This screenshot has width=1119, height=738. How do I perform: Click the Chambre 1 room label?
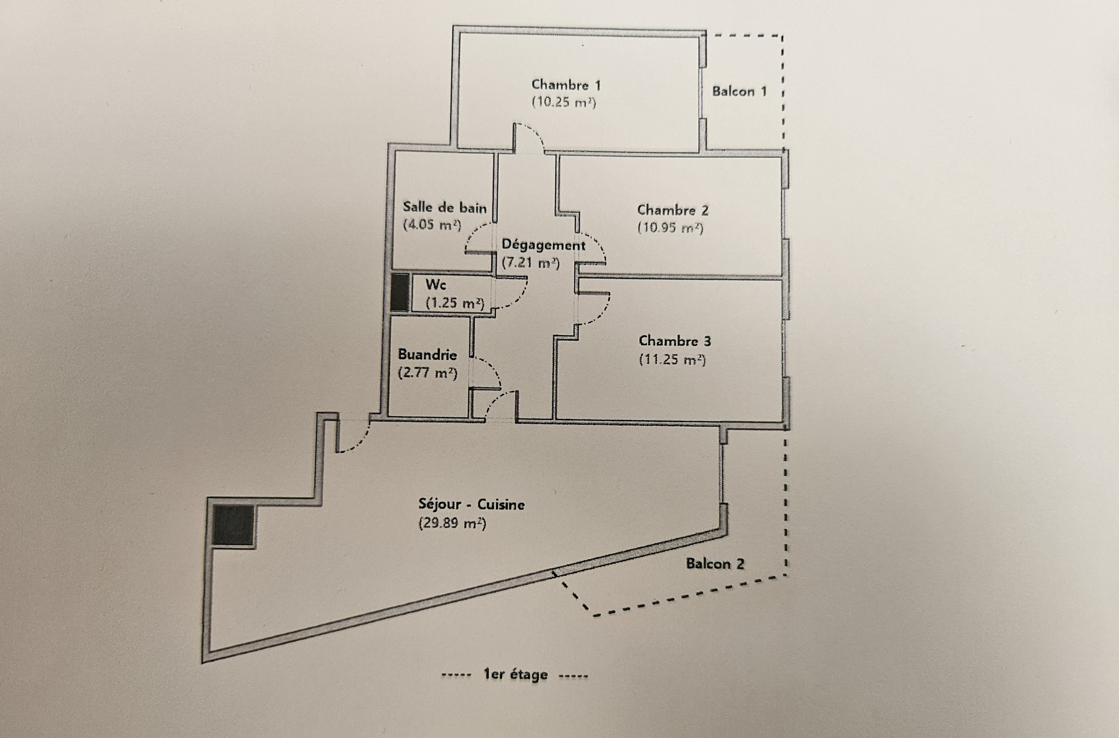tap(566, 85)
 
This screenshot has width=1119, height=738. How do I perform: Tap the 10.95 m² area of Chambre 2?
tap(670, 228)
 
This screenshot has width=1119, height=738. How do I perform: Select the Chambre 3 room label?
tap(675, 341)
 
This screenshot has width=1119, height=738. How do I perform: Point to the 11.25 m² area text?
tap(672, 360)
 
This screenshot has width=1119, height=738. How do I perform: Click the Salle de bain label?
tap(444, 207)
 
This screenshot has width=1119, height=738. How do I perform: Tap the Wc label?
tap(435, 285)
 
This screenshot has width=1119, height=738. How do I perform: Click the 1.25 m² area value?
tap(455, 303)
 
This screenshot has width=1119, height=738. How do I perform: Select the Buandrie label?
tap(427, 355)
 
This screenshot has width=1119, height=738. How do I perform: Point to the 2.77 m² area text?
tap(427, 373)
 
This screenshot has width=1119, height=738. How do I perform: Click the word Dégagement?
tap(543, 245)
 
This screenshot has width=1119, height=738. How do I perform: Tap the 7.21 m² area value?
tap(531, 263)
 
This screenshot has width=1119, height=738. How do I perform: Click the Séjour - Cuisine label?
tap(471, 505)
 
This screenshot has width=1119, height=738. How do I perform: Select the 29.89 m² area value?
tap(452, 523)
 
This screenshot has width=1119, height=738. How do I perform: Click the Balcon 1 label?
tap(739, 91)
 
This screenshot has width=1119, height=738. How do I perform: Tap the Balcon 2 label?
tap(715, 564)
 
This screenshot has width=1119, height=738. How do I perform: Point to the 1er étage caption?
tap(515, 675)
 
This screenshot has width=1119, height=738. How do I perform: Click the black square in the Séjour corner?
tap(233, 525)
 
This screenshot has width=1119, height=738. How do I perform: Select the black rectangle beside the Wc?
tap(400, 292)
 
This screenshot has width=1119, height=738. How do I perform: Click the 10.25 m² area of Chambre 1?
tap(563, 103)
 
